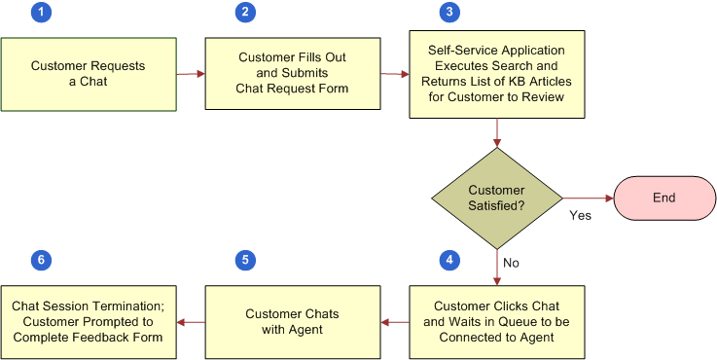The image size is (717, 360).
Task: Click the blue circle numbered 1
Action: coord(40,13)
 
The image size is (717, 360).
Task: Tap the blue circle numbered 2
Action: coord(245,13)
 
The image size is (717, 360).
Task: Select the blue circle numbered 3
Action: coord(448,13)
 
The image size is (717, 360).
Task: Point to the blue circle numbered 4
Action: coord(448,261)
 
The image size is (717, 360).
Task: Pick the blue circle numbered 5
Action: coord(245,261)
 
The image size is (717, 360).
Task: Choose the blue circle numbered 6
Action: coord(40,261)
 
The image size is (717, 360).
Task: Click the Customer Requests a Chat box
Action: coord(89,74)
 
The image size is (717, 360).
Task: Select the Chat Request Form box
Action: coord(292,74)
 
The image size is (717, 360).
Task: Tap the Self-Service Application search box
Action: coord(496,74)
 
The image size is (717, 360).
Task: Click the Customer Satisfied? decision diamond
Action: coord(497,198)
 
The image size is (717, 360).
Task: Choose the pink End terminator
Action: coord(664,198)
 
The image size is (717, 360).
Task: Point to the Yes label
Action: coord(581,214)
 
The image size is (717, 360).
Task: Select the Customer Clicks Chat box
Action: coord(496,321)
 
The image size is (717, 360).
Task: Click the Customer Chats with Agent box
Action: coord(292,321)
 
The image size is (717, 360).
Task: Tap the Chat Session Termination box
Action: coord(89,321)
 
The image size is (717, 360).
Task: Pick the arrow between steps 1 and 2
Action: coord(191,74)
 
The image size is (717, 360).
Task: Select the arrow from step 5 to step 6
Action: coord(191,321)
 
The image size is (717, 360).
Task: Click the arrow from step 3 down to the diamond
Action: coord(497,132)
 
